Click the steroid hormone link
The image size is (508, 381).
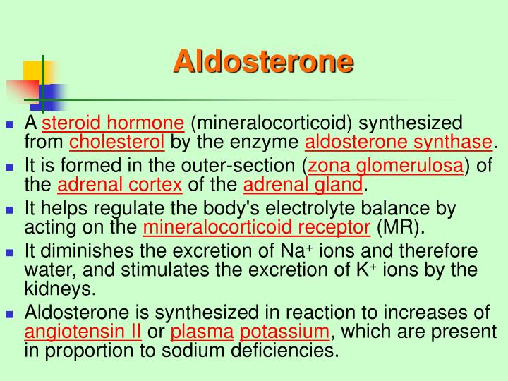click(x=113, y=123)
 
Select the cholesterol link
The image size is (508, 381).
click(x=116, y=143)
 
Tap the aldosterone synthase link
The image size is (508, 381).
click(x=398, y=143)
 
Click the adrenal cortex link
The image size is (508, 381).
click(x=119, y=186)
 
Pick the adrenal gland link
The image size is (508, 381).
click(x=303, y=186)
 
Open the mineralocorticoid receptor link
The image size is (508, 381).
click(x=257, y=227)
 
